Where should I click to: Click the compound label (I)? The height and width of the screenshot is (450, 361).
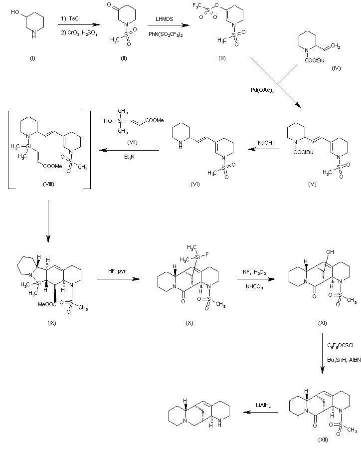click(32, 58)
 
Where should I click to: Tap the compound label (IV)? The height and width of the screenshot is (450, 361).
click(336, 67)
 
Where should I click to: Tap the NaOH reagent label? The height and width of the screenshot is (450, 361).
click(265, 143)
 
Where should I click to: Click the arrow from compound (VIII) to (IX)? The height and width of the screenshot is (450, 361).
click(48, 220)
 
